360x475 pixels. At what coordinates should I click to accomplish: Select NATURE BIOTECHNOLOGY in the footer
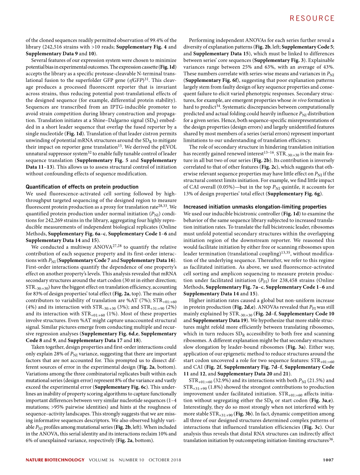point(55,460)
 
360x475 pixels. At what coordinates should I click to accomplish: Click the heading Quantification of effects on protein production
point(82,187)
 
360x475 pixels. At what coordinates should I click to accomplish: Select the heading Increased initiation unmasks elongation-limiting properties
point(255,207)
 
